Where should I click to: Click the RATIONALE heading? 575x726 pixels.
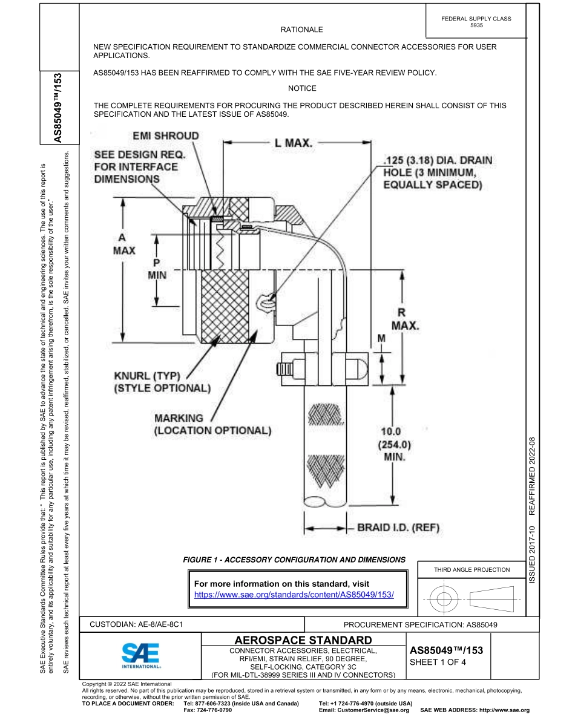[301, 30]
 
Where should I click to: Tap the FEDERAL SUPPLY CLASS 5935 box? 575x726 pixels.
[476, 22]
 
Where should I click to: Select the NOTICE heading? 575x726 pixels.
[302, 88]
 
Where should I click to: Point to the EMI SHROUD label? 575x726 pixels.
[165, 136]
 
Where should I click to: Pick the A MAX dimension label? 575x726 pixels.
[124, 244]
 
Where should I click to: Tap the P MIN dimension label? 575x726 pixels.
[157, 269]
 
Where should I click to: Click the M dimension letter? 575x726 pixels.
[381, 339]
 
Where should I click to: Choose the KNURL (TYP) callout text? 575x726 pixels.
[162, 382]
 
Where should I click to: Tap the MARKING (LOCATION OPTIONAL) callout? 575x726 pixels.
[212, 424]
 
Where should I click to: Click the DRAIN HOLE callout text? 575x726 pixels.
[438, 172]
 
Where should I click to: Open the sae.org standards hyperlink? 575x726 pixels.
[294, 595]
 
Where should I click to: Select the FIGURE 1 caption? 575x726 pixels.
[294, 560]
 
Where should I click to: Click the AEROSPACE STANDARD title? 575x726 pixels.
[303, 640]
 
